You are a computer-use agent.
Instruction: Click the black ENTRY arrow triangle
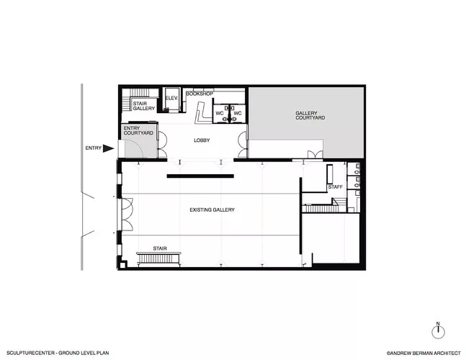(108, 148)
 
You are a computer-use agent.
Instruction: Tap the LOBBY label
(202, 140)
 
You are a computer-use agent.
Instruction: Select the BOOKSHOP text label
(200, 94)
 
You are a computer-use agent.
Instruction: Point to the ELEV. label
(171, 98)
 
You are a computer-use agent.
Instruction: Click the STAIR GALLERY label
(144, 106)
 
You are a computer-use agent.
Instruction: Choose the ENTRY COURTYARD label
(138, 130)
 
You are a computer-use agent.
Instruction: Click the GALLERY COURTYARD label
(310, 115)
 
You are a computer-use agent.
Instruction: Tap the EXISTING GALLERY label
(212, 210)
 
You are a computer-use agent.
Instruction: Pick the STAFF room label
(335, 186)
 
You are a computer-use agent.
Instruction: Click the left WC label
(220, 113)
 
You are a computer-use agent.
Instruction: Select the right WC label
(238, 113)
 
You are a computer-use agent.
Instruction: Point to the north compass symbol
(438, 330)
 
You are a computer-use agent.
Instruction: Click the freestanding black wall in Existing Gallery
(200, 176)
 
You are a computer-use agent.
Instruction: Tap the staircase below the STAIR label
(158, 258)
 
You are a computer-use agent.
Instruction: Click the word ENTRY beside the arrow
(94, 148)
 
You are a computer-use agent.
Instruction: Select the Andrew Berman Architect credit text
(424, 354)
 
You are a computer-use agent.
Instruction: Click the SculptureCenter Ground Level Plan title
(58, 353)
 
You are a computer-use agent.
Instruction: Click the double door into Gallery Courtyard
(315, 155)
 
